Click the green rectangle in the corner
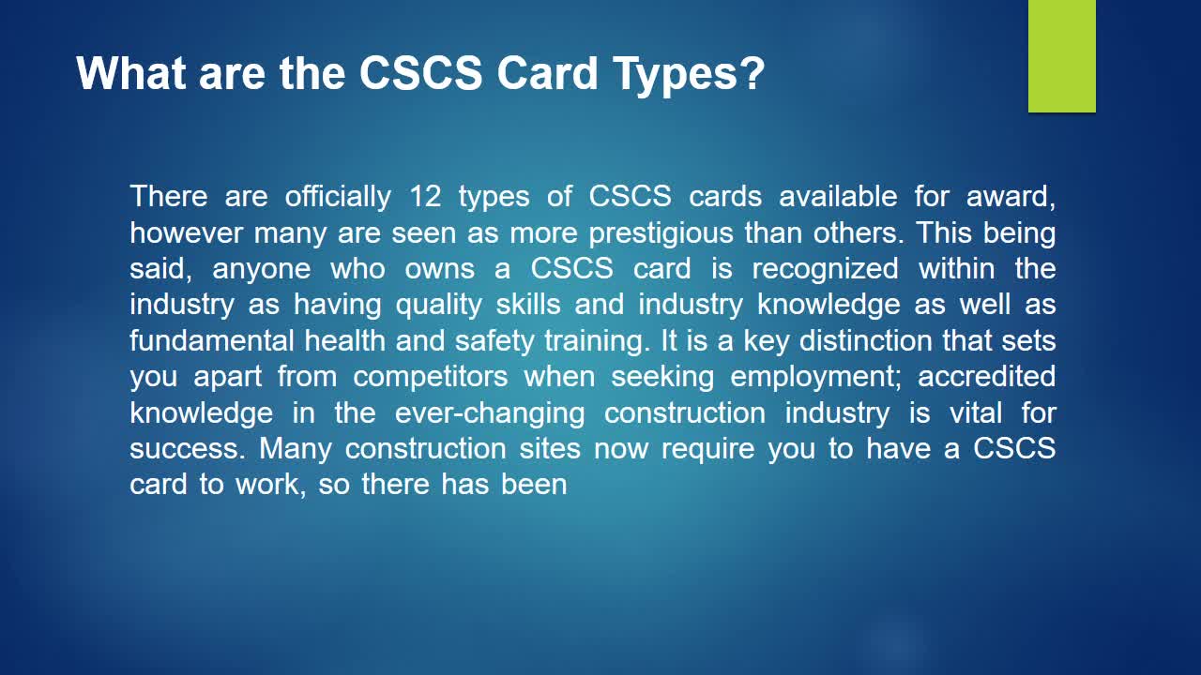(x=1061, y=55)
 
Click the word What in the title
(x=131, y=73)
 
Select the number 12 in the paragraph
(x=425, y=196)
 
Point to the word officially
(x=338, y=197)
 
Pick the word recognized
(x=825, y=269)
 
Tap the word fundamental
(x=212, y=340)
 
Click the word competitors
(x=431, y=377)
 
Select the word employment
(x=816, y=377)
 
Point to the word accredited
(x=986, y=377)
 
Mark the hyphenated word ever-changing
(x=490, y=413)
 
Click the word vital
(x=976, y=413)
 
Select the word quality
(x=439, y=306)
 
